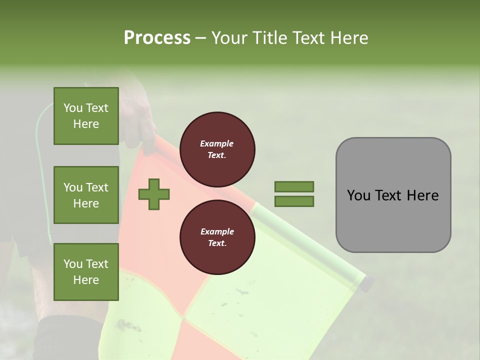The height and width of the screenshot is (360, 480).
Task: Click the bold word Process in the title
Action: tap(157, 37)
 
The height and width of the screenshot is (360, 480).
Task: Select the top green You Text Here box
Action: tap(86, 116)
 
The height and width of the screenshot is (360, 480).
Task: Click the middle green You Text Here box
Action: tap(86, 195)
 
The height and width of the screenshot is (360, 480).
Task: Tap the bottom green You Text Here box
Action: tap(86, 272)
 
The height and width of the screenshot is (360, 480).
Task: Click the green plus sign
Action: tap(154, 193)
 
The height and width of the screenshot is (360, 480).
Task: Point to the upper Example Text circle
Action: tap(217, 149)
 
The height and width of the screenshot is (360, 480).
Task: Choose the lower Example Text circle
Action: tap(217, 237)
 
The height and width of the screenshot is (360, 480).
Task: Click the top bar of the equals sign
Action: tap(294, 186)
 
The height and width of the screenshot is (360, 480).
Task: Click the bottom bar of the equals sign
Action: tap(294, 201)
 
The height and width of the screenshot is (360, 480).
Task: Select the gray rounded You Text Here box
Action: tap(393, 195)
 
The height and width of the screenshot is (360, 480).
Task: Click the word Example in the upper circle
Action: tap(217, 143)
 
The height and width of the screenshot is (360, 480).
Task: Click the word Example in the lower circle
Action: tap(217, 231)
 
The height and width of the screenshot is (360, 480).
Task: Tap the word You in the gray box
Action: tap(358, 195)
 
